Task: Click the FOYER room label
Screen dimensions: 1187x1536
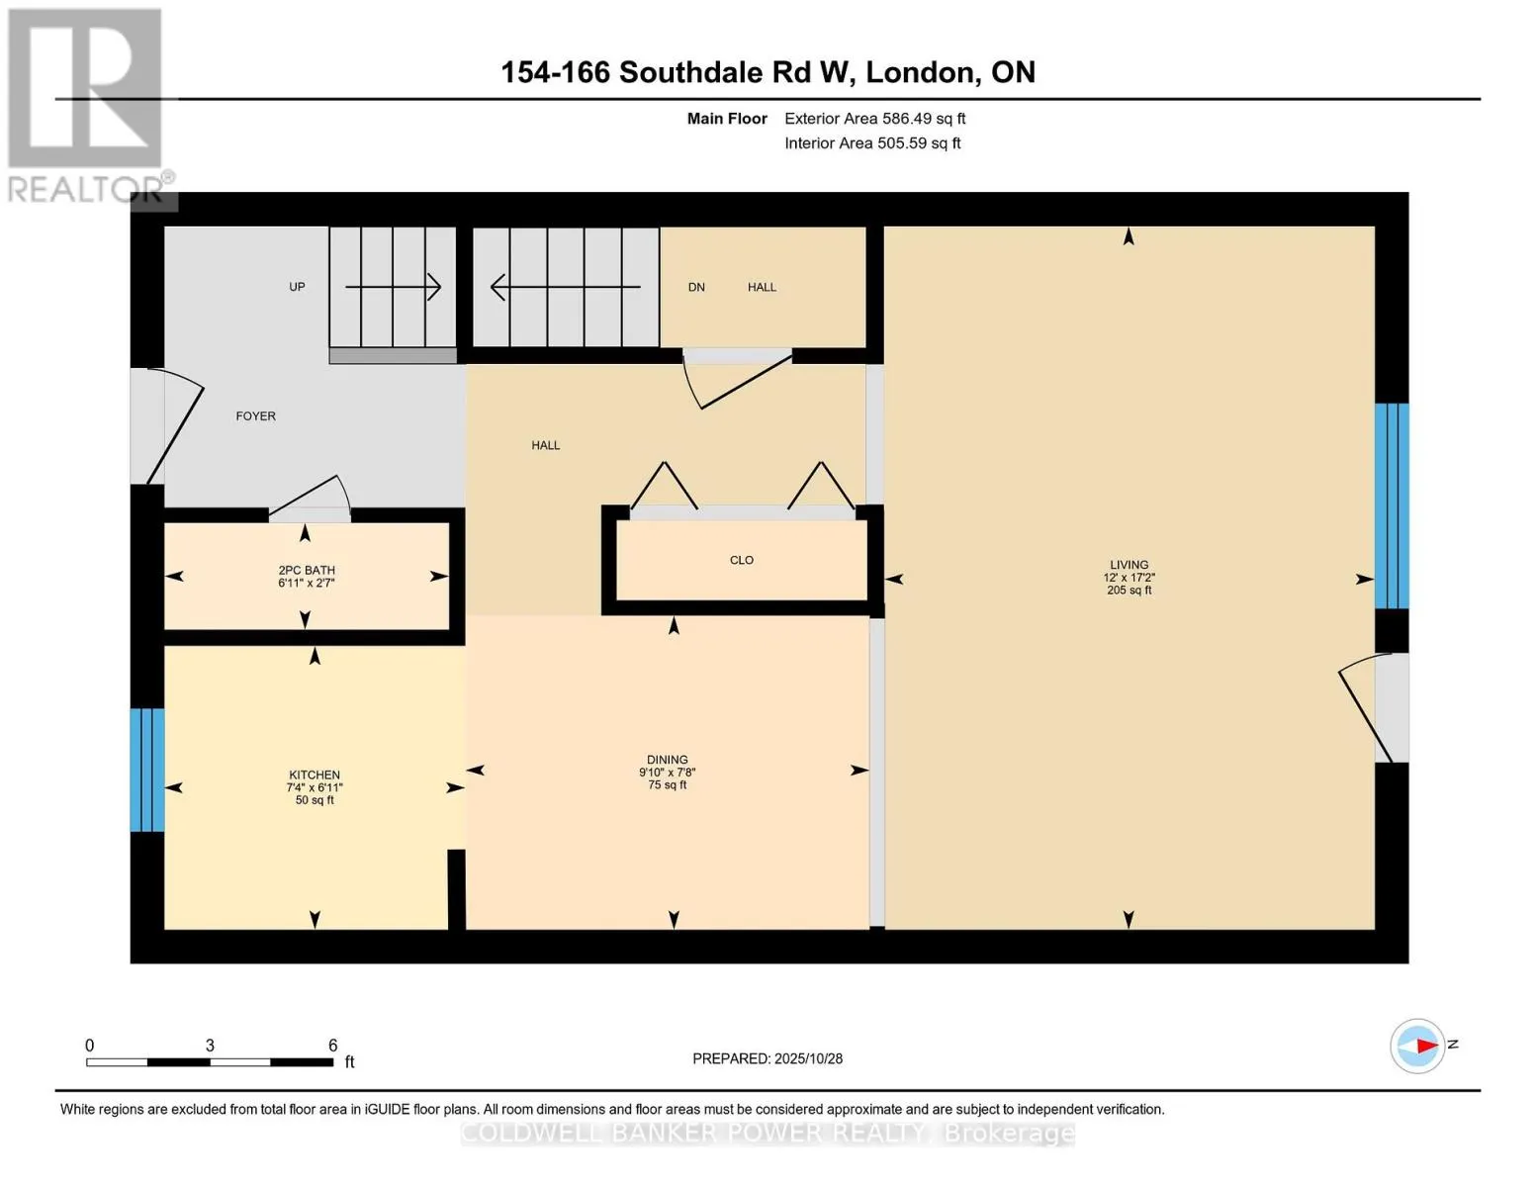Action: click(255, 416)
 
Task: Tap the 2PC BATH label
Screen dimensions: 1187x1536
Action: click(307, 571)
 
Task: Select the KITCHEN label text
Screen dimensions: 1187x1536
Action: click(315, 775)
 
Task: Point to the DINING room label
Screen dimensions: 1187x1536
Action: click(668, 760)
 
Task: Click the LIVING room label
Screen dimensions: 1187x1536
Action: click(1129, 565)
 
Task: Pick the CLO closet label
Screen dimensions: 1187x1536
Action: click(742, 560)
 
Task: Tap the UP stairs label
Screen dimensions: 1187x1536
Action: click(297, 287)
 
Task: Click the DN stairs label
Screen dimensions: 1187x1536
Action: click(696, 287)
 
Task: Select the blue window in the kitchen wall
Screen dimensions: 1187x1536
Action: click(147, 770)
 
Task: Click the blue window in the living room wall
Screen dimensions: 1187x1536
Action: click(1392, 505)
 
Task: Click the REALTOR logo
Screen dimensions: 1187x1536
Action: click(87, 105)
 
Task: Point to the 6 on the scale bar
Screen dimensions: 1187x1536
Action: click(333, 1046)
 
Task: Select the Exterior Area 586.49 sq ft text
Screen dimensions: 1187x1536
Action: click(874, 119)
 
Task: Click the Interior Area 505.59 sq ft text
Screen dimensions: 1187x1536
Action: click(872, 143)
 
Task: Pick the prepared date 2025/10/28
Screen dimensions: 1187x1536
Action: click(808, 1058)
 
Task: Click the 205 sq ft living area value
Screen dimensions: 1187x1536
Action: click(1129, 591)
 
